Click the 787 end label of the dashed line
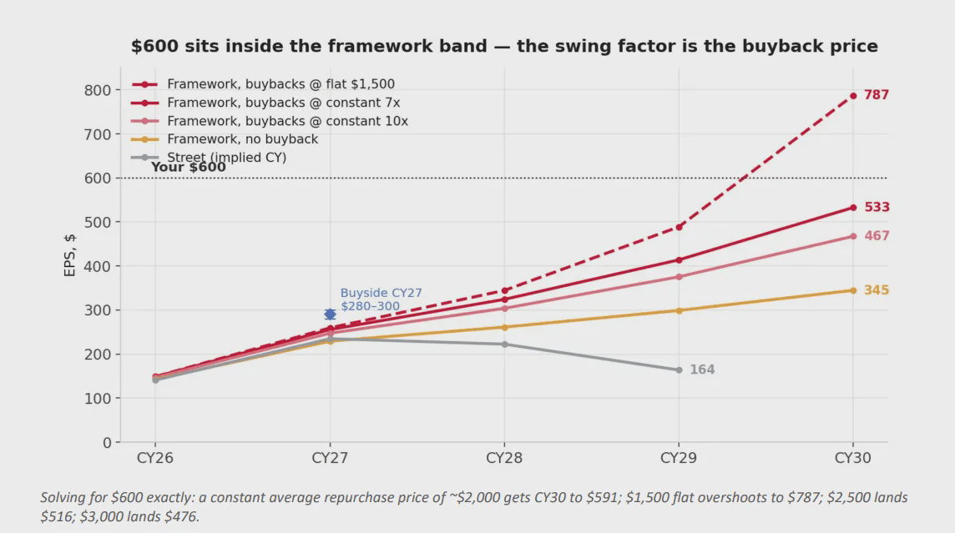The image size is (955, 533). [x=877, y=95]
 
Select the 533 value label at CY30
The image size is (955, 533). [x=877, y=207]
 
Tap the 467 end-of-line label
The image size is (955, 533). [x=877, y=235]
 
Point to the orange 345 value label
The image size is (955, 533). [x=877, y=290]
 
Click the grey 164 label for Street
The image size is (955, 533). [x=701, y=370]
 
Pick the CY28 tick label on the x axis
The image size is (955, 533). [x=503, y=458]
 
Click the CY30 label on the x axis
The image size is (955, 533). [x=852, y=458]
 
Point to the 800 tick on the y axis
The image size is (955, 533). [x=98, y=90]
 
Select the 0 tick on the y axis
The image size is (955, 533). [x=107, y=443]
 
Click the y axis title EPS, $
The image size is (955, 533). [x=70, y=255]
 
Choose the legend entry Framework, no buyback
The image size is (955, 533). [x=242, y=139]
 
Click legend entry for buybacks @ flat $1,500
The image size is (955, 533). [x=280, y=84]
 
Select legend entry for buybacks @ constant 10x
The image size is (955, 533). [x=287, y=121]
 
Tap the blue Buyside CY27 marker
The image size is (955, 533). [x=330, y=314]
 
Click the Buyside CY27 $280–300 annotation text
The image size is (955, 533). [x=381, y=299]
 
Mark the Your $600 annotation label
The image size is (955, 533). [x=188, y=168]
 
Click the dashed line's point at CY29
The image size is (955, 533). [x=679, y=227]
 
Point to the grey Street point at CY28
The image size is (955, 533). [x=504, y=344]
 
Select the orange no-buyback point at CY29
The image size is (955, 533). [x=679, y=311]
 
